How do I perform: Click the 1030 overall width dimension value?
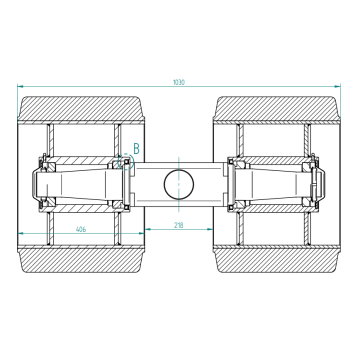pyautogui.click(x=179, y=82)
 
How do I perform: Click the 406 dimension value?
pyautogui.click(x=81, y=229)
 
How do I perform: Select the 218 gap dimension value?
pyautogui.click(x=179, y=225)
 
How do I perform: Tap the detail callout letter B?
pyautogui.click(x=136, y=149)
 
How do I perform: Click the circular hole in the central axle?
pyautogui.click(x=179, y=184)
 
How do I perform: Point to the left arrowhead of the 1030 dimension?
pyautogui.click(x=20, y=86)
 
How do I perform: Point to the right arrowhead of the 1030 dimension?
pyautogui.click(x=338, y=86)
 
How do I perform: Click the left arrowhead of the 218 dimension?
pyautogui.click(x=148, y=229)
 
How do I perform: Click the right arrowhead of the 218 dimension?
pyautogui.click(x=210, y=229)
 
